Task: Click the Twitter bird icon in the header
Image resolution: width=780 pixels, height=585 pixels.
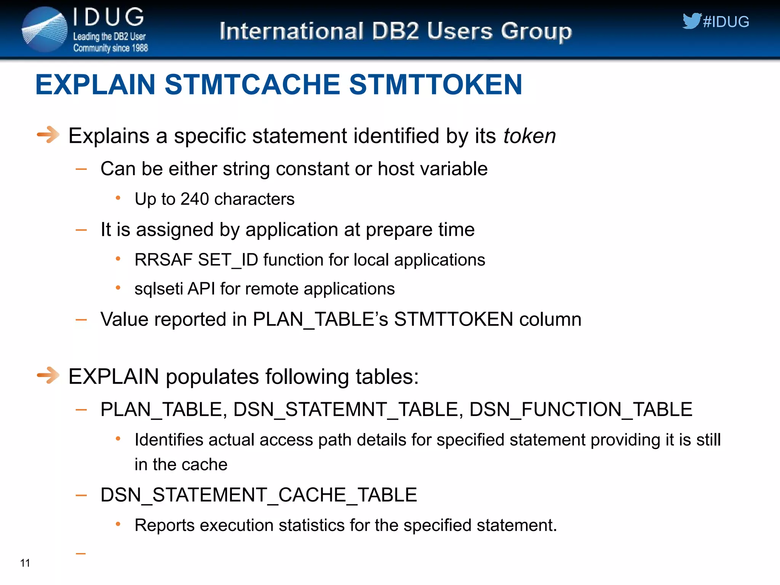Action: click(691, 21)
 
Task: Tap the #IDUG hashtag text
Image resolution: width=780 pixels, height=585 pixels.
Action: click(726, 22)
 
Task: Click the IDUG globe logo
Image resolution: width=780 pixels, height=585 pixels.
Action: click(45, 30)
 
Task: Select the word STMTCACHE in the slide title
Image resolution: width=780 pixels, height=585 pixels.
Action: click(252, 85)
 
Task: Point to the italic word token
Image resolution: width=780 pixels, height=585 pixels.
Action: click(529, 136)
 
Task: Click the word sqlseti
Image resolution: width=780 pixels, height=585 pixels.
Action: click(158, 289)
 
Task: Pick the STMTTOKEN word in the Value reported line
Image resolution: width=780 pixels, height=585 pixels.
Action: click(453, 319)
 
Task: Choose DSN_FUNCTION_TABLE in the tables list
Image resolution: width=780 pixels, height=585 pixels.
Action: click(580, 410)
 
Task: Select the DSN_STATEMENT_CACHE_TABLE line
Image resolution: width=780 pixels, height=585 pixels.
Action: click(259, 495)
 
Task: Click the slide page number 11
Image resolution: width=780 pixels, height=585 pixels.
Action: click(25, 563)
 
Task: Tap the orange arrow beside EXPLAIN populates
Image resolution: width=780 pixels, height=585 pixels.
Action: click(48, 376)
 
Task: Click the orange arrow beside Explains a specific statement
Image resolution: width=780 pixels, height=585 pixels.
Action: click(48, 134)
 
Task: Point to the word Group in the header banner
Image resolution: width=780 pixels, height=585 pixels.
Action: click(536, 31)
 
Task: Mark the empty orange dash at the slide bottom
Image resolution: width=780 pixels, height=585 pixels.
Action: click(81, 553)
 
